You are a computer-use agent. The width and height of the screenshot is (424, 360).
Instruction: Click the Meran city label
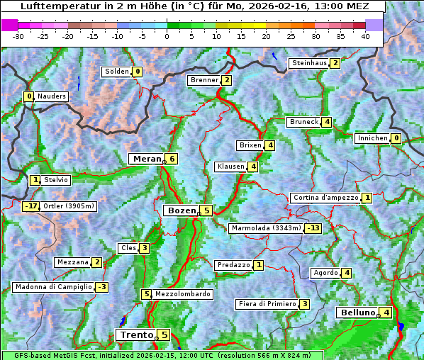click(x=146, y=159)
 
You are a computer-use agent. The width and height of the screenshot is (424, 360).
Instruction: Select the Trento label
click(x=136, y=334)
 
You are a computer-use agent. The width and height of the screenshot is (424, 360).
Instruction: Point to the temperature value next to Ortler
click(x=30, y=206)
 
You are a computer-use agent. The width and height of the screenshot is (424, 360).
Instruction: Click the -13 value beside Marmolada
click(x=313, y=228)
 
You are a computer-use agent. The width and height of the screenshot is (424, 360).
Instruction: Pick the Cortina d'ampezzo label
click(x=325, y=198)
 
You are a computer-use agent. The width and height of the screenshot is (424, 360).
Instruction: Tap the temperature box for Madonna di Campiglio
click(x=101, y=287)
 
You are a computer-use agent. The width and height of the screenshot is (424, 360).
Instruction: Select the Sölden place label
click(x=117, y=72)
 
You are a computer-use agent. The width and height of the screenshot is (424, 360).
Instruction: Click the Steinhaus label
click(x=309, y=63)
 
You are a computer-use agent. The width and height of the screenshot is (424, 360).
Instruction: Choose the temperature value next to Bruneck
click(x=326, y=122)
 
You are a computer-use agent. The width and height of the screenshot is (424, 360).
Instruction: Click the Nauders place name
click(x=52, y=96)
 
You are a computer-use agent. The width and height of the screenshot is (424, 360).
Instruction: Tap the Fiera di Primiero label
click(x=267, y=304)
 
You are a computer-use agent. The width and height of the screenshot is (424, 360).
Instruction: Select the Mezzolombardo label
click(x=182, y=294)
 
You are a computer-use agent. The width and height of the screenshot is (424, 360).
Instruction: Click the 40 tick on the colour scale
click(x=365, y=36)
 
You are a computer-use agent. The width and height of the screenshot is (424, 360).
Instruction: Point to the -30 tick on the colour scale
click(x=18, y=36)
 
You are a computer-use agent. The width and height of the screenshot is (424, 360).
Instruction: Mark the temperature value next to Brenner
click(x=226, y=80)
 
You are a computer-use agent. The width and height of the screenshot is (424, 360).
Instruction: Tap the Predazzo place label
click(x=233, y=265)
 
